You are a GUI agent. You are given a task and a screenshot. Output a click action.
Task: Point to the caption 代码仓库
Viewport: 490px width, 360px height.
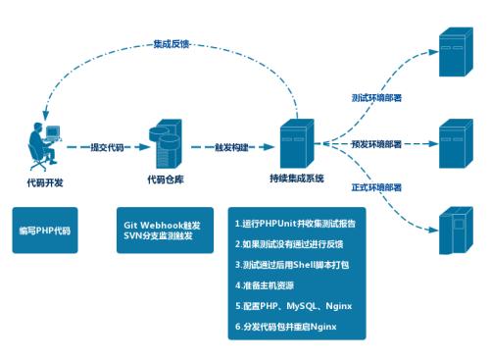tap(164, 180)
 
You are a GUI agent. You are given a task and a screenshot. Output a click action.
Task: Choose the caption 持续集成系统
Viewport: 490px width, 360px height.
tap(296, 180)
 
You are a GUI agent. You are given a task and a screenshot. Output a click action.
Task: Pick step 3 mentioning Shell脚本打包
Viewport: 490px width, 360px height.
tap(293, 264)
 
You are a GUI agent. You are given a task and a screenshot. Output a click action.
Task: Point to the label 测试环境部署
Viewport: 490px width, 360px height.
tap(375, 99)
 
